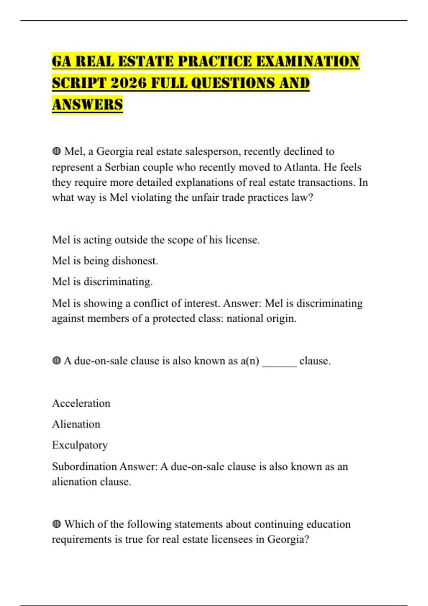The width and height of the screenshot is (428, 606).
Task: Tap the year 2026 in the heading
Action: point(128,83)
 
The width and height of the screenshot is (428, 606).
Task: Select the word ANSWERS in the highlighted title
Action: point(87,105)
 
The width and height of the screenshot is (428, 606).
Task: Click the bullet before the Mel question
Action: point(56,151)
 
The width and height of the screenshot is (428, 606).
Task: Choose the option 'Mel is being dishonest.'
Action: point(105,261)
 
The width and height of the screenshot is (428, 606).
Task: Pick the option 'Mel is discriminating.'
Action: point(102,282)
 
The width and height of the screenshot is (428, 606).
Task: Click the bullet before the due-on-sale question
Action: point(56,361)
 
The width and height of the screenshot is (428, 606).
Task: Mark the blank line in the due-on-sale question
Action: point(279,364)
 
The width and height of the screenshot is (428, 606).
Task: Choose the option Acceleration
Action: point(81,403)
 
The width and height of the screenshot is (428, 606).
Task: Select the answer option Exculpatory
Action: point(80,445)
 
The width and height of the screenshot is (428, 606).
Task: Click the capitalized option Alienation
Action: point(76,424)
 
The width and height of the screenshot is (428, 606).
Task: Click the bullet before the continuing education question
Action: point(56,524)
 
